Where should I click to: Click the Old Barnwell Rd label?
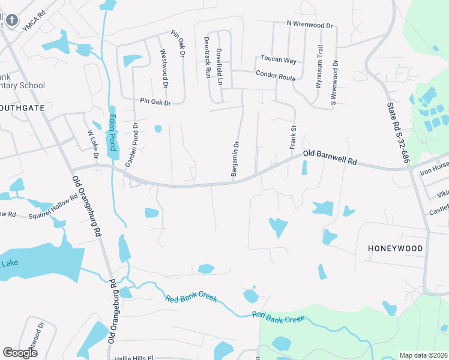click(330, 158)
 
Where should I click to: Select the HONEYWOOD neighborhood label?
click(396, 248)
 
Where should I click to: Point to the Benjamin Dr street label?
click(235, 158)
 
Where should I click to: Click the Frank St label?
click(294, 137)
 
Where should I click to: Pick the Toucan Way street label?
click(279, 60)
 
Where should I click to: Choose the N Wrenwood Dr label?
click(309, 25)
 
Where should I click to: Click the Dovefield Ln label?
click(220, 67)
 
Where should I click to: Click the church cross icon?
click(11, 20)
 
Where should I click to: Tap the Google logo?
click(20, 352)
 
